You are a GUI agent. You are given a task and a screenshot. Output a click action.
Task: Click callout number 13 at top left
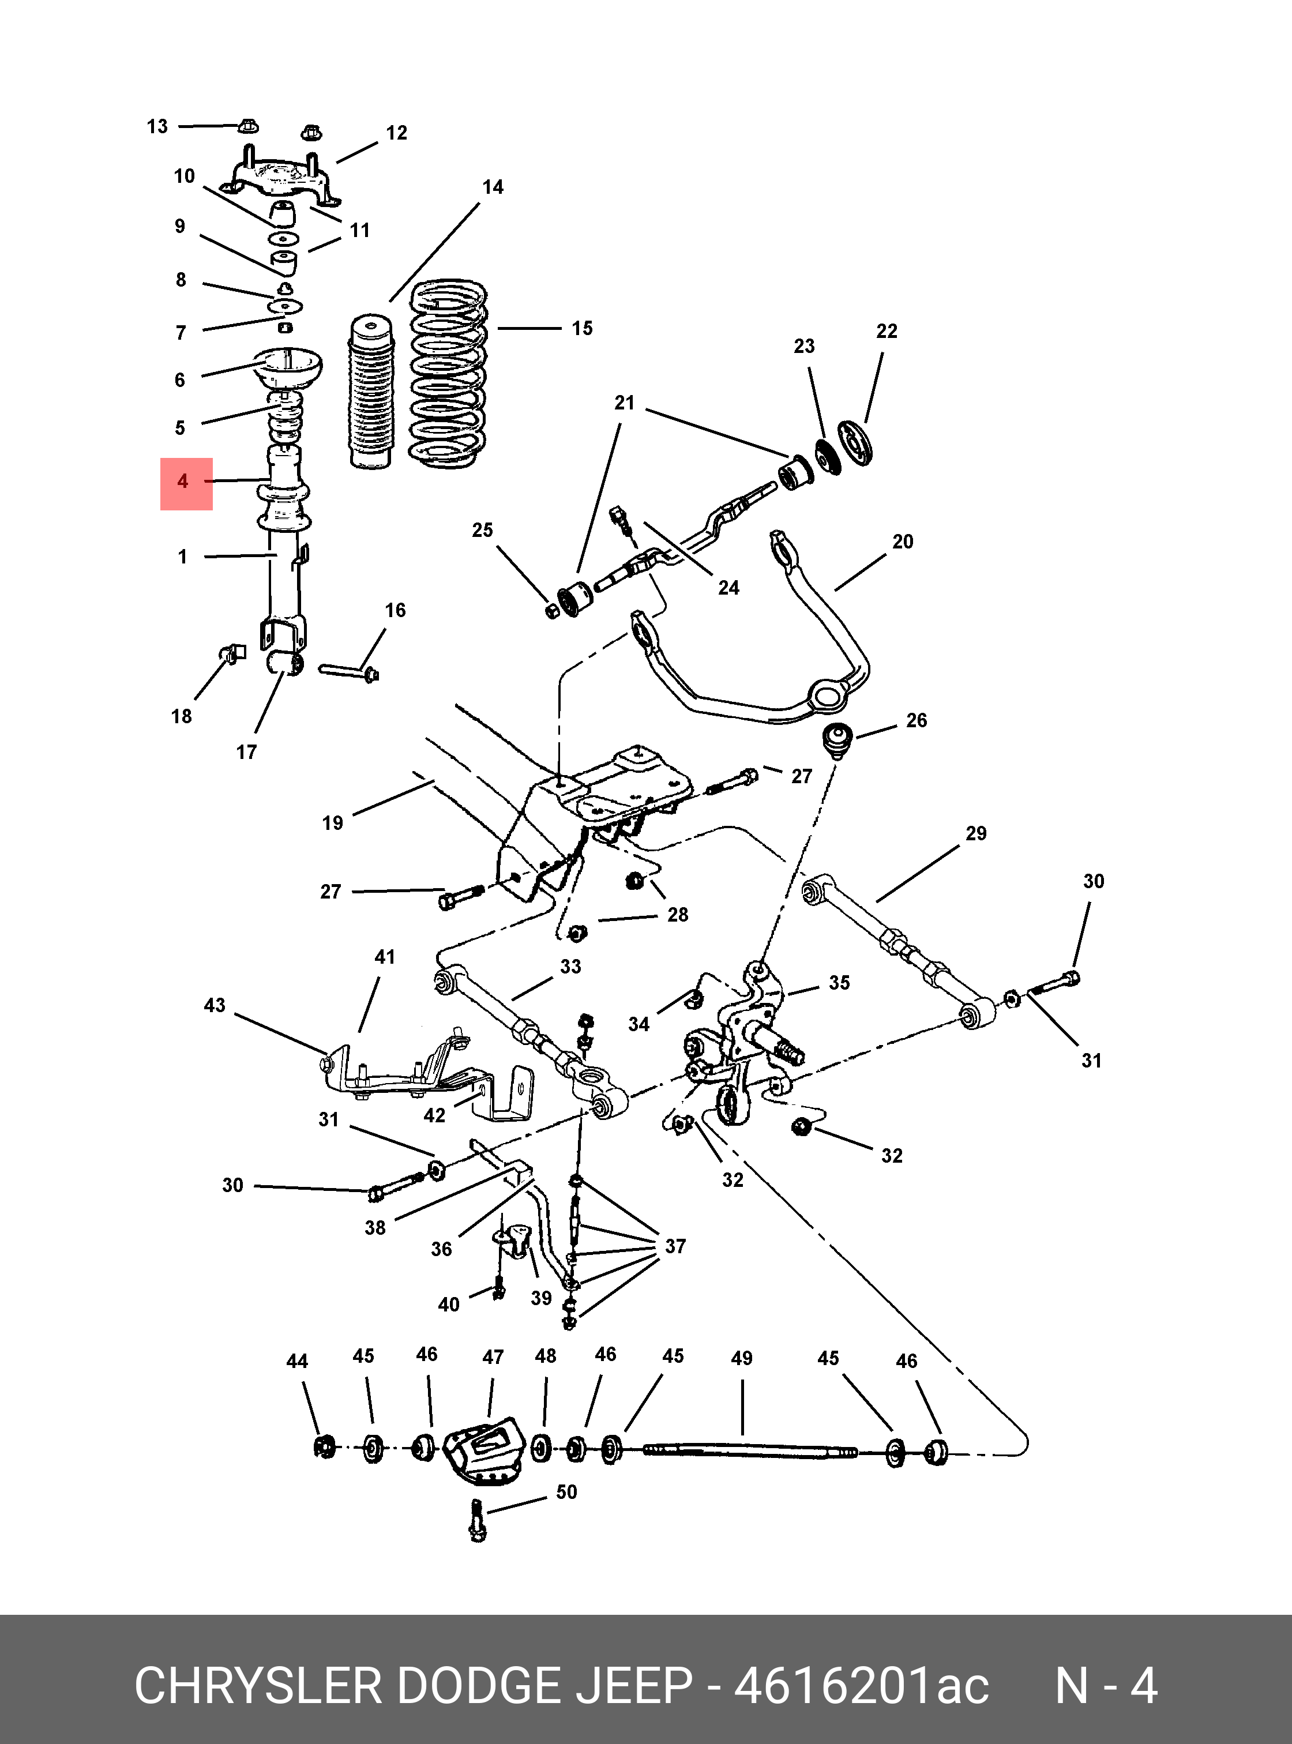[157, 127]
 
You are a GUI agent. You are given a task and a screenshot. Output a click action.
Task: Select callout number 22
[886, 332]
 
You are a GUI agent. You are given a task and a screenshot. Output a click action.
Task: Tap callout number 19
[332, 823]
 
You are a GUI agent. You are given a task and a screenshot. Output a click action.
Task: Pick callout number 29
[975, 834]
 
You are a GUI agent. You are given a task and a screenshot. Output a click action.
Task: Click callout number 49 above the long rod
[741, 1358]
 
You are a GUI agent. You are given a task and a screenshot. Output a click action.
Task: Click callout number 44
[296, 1362]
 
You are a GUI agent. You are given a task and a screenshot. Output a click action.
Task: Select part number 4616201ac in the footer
[861, 1686]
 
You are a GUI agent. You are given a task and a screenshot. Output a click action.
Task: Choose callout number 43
[215, 1005]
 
